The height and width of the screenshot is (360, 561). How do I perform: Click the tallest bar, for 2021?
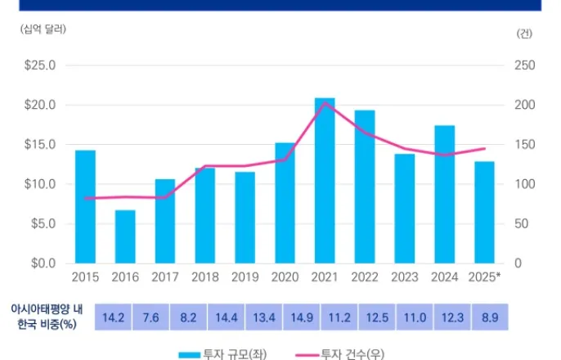pos(325,181)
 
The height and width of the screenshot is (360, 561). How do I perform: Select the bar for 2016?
pos(125,236)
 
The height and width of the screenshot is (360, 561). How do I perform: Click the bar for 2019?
pos(245,218)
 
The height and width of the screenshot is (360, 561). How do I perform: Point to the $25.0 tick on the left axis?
pos(38,65)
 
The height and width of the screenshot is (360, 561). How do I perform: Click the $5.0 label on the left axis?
pos(41,224)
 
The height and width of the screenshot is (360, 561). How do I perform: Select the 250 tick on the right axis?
pos(524,65)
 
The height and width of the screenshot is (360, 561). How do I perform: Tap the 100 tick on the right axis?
pos(524,185)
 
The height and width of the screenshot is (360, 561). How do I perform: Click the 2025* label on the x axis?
pos(485,277)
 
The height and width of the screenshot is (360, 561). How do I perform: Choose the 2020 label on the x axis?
pos(285,277)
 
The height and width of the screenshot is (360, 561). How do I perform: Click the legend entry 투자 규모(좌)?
pos(222,353)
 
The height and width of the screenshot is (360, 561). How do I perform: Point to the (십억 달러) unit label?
pos(43,29)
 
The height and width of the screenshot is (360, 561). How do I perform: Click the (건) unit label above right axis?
pos(524,34)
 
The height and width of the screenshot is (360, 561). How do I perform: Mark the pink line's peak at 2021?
pos(325,103)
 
